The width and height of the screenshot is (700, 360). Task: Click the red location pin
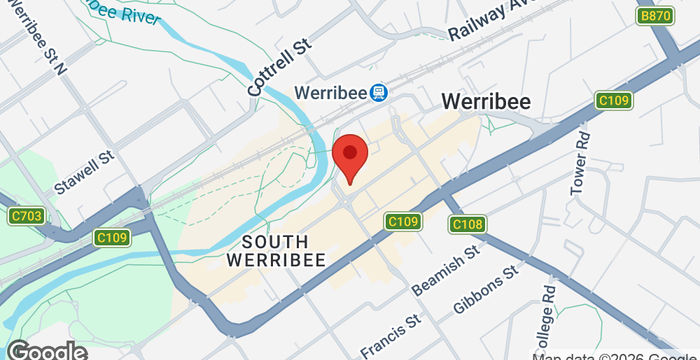[350, 158]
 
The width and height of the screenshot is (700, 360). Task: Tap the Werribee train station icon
[379, 93]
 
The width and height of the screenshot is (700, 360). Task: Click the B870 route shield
[655, 16]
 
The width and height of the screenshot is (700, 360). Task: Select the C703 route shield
[26, 215]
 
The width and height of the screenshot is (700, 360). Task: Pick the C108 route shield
[467, 224]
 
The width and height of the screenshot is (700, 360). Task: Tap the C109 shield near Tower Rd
[612, 100]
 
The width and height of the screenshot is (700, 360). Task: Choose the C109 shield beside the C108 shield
[402, 221]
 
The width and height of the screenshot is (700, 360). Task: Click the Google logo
[46, 350]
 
